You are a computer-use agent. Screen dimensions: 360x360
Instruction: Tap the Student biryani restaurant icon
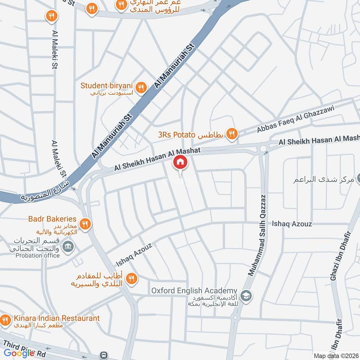click(141, 88)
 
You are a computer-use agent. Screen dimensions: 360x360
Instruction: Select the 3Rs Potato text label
click(176, 134)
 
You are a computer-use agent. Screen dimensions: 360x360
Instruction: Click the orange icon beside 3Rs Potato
click(232, 133)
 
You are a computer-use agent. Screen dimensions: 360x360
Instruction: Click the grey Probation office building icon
click(68, 246)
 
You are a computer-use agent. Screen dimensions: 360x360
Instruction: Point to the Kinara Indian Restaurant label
click(56, 318)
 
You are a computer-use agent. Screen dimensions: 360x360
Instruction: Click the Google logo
click(19, 353)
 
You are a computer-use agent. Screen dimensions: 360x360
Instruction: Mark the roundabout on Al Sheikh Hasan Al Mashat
click(262, 148)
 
